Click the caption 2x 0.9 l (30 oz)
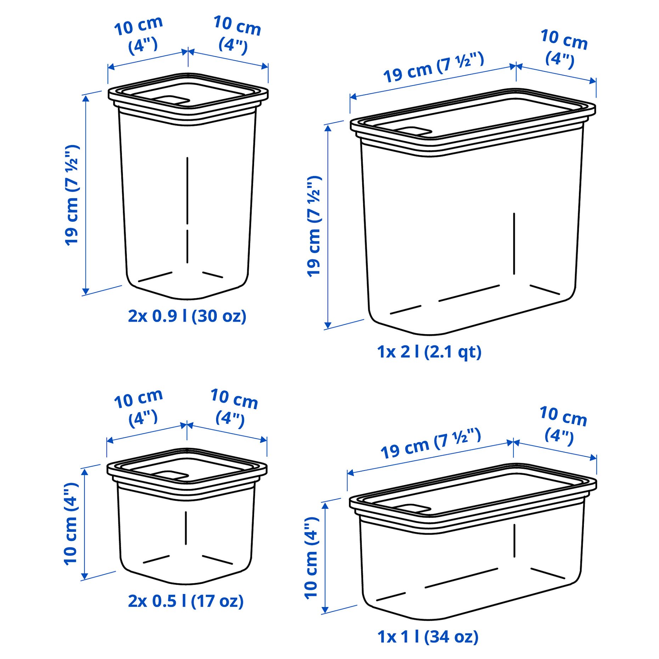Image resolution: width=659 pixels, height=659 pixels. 187,316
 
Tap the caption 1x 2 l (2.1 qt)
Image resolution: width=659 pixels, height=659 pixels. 429,351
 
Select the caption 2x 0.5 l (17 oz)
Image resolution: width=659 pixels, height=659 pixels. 186,601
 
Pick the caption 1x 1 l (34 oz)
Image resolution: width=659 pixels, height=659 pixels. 428,637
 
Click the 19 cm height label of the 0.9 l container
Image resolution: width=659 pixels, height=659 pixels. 72,195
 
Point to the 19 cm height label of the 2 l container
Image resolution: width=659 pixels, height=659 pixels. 314,226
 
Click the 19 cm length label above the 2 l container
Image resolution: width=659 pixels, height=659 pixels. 433,67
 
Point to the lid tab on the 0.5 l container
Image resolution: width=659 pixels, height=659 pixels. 171,475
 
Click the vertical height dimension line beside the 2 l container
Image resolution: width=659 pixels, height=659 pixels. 328,227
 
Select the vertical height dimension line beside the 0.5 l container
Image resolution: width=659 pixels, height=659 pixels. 84,524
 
